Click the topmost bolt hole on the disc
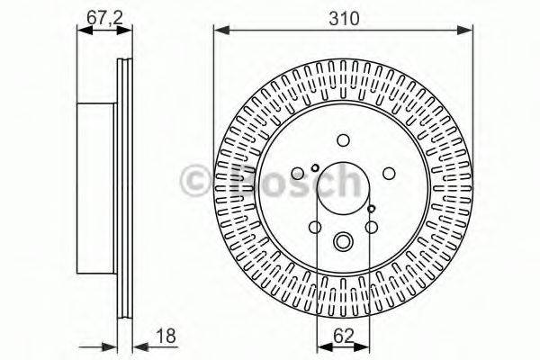343,139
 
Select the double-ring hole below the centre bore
343,241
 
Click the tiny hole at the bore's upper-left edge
314,168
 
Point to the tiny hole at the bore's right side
372,209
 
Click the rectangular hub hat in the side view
97,190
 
